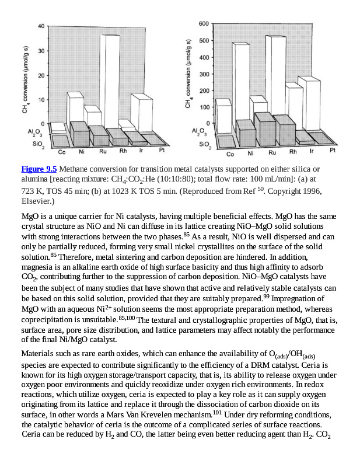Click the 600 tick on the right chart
coord(203,24)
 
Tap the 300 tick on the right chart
coord(203,74)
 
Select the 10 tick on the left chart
coord(41,99)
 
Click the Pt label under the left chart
coord(162,150)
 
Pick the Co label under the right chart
coord(230,155)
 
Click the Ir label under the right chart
coord(313,152)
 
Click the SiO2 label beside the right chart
coord(204,143)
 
